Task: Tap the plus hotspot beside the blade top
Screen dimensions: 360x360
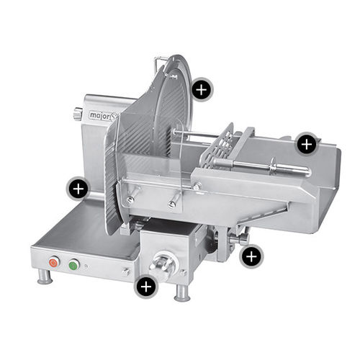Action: [202, 89]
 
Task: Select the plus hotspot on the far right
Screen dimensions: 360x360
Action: [307, 144]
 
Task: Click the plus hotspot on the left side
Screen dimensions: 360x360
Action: [78, 189]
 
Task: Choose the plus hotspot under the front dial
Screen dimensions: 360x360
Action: [146, 286]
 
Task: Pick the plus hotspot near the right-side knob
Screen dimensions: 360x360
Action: [251, 256]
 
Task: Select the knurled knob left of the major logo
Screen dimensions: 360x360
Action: [78, 113]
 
